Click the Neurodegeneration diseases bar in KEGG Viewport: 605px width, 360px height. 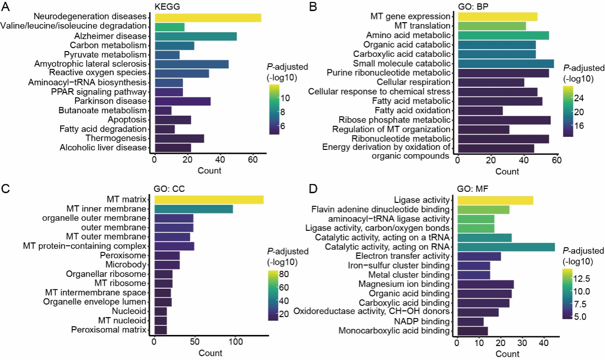pos(208,17)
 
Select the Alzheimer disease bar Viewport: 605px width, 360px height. pos(196,36)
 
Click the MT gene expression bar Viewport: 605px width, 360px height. pos(497,17)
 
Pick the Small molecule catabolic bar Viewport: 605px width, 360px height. pos(505,64)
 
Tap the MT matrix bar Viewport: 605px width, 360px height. pos(209,200)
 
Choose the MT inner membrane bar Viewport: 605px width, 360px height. pos(194,209)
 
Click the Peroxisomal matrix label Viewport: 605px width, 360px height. pos(109,330)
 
